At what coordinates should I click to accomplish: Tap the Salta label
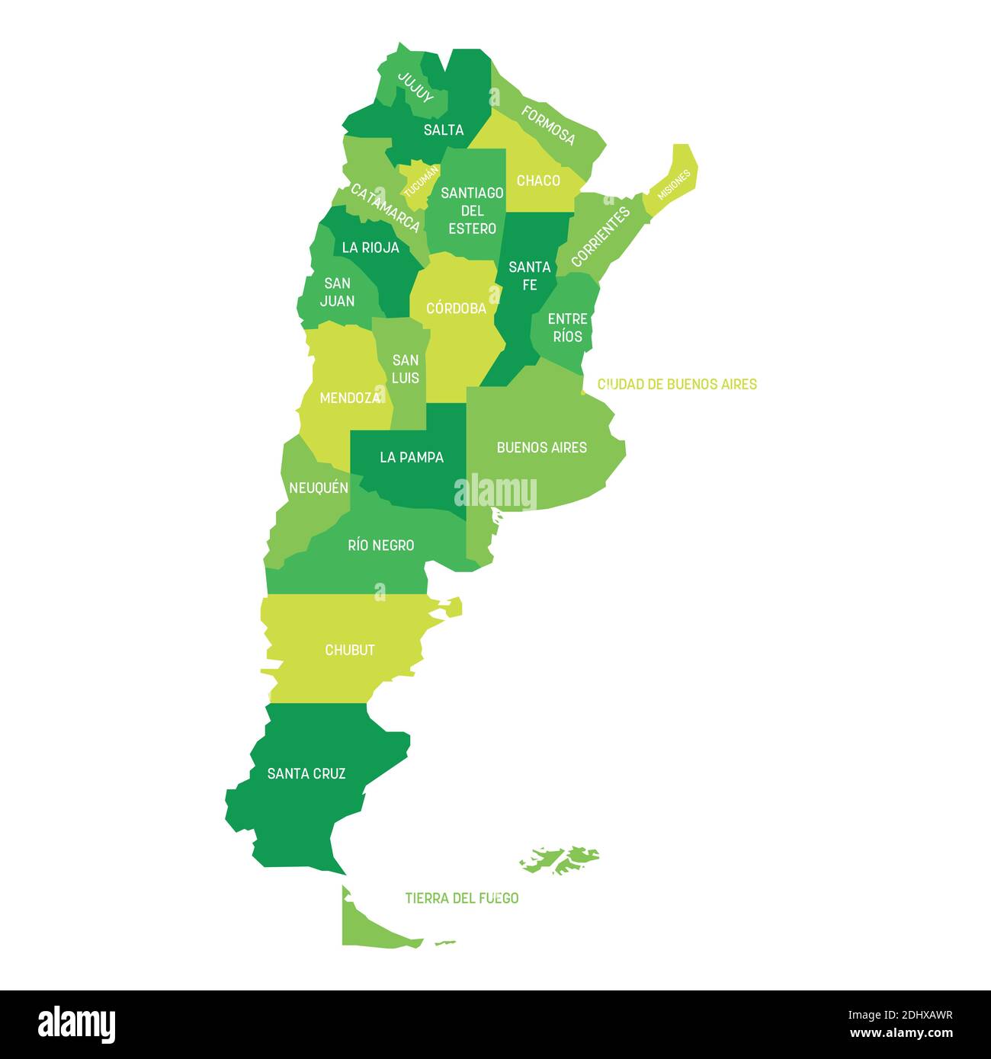pos(444,130)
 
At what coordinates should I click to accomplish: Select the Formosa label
pos(548,126)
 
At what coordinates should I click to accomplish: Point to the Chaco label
pos(538,181)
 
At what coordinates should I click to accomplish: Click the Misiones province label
pos(674,184)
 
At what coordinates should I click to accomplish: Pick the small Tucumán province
pos(419,182)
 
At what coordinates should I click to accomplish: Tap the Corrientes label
pos(601,236)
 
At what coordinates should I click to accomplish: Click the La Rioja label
pos(370,248)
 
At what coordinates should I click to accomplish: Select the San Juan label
pos(337,292)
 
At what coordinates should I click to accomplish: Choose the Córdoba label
pos(456,309)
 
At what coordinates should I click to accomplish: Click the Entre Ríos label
pos(567,328)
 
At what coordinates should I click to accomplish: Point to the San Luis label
pos(406,369)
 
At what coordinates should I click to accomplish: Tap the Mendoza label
pos(350,398)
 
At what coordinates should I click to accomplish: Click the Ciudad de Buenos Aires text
pos(677,384)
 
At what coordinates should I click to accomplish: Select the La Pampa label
pos(412,457)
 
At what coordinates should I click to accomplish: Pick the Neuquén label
pos(319,488)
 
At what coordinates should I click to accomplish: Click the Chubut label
pos(350,650)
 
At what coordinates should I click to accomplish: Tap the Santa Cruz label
pos(306,773)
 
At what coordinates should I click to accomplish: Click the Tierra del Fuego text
pos(462,898)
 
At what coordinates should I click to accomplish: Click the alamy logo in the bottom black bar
pos(77,1024)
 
